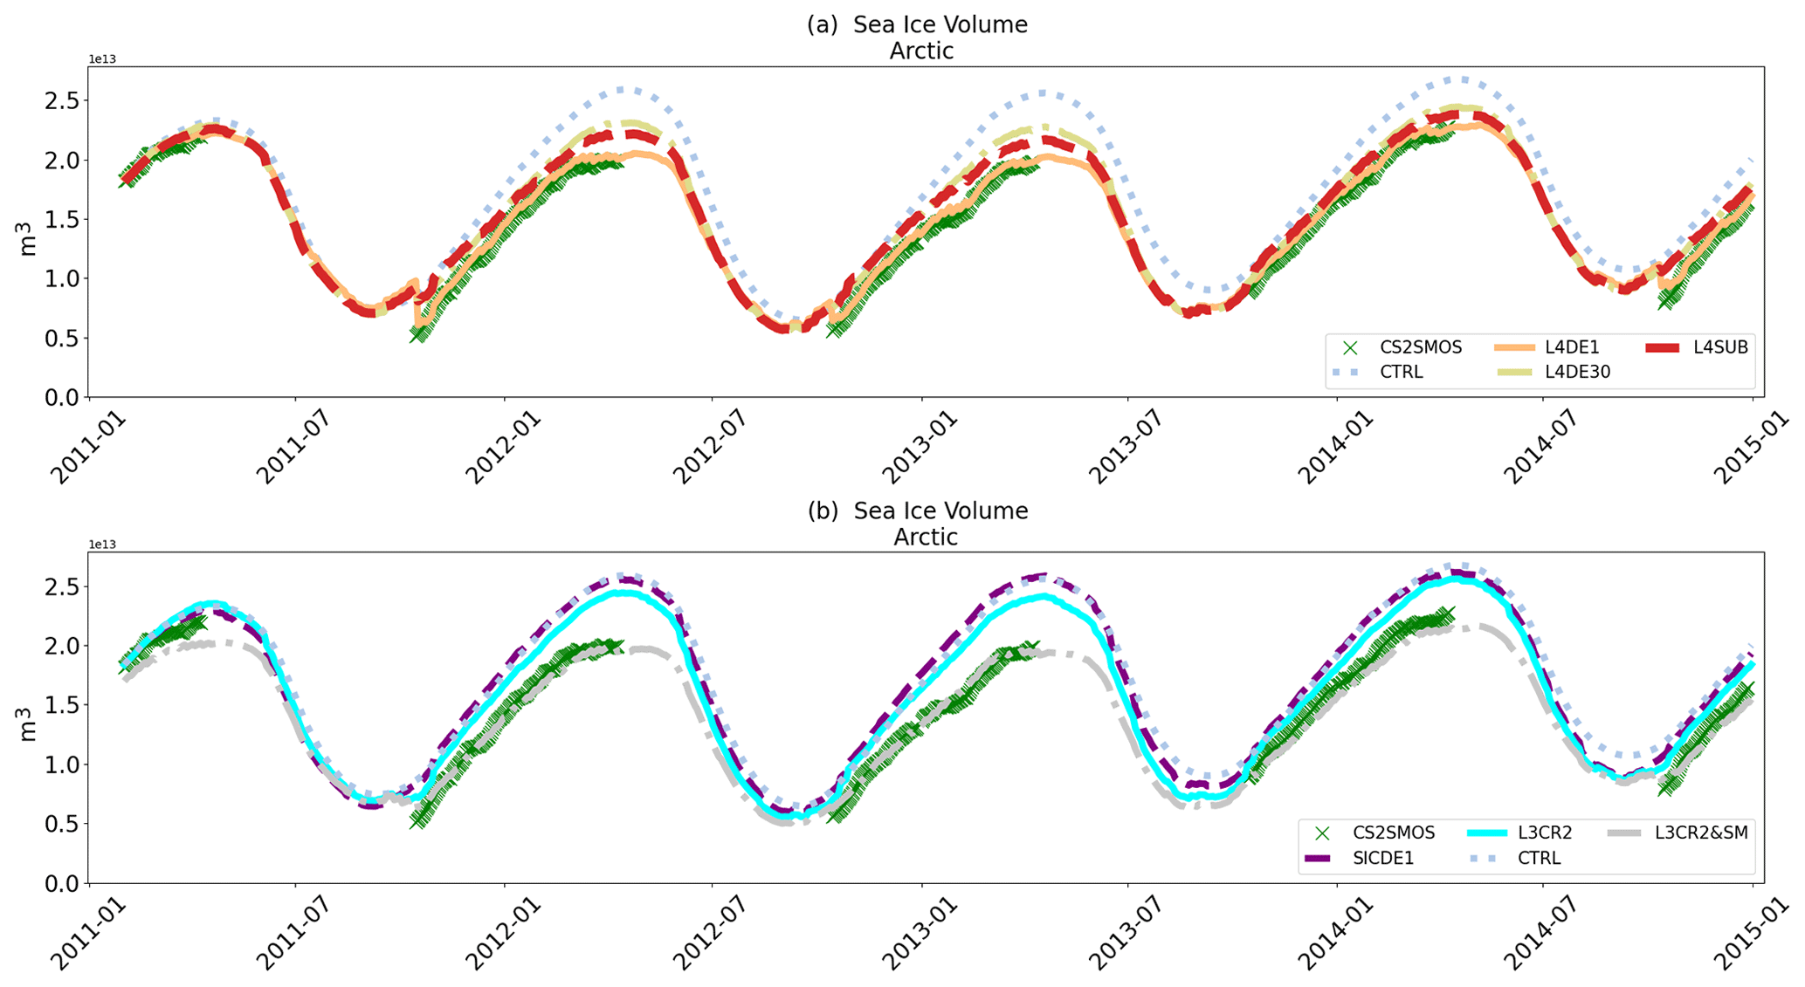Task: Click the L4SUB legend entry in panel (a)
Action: pos(1719,347)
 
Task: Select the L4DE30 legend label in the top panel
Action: pos(1577,372)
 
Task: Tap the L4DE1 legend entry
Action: pos(1572,347)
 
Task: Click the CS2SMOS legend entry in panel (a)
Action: pos(1420,347)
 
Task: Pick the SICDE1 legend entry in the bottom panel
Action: pos(1382,858)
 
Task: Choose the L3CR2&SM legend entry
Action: pos(1700,833)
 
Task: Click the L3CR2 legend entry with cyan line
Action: pos(1545,833)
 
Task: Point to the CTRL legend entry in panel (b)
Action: pos(1538,858)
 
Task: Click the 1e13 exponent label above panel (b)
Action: pos(102,545)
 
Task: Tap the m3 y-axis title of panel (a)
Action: pos(27,238)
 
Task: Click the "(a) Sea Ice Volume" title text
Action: pos(917,24)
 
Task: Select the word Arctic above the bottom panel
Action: pos(925,537)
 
